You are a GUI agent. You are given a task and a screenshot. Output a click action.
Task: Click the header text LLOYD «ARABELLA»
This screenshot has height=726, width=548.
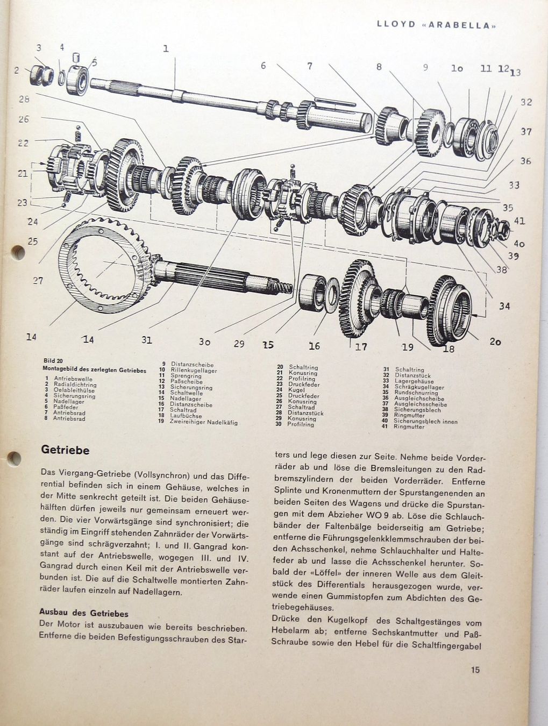click(436, 25)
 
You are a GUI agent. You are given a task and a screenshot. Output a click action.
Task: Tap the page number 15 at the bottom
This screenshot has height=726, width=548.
click(475, 670)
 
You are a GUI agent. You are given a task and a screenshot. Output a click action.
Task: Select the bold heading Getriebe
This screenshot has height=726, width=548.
click(65, 450)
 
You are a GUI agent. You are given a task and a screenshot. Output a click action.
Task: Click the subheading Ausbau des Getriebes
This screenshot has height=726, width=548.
click(84, 613)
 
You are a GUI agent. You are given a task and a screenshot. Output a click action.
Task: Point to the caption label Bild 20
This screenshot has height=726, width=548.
click(54, 361)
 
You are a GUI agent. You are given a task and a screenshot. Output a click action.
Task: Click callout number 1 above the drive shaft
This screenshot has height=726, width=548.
click(166, 48)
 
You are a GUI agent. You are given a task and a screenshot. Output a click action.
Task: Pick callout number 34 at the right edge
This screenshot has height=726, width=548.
click(504, 306)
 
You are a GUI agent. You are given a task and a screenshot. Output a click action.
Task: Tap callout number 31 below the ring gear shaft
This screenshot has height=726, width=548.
click(147, 340)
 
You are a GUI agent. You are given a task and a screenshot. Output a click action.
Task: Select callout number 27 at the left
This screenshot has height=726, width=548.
click(38, 280)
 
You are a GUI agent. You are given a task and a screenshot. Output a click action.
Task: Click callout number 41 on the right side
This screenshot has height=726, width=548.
click(519, 220)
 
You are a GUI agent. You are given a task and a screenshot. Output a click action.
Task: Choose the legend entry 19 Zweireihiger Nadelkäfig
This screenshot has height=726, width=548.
click(198, 422)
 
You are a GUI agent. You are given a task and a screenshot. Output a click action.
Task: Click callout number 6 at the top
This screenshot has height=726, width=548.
click(264, 66)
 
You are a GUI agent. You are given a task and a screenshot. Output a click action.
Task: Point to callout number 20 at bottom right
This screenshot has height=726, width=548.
click(495, 341)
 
